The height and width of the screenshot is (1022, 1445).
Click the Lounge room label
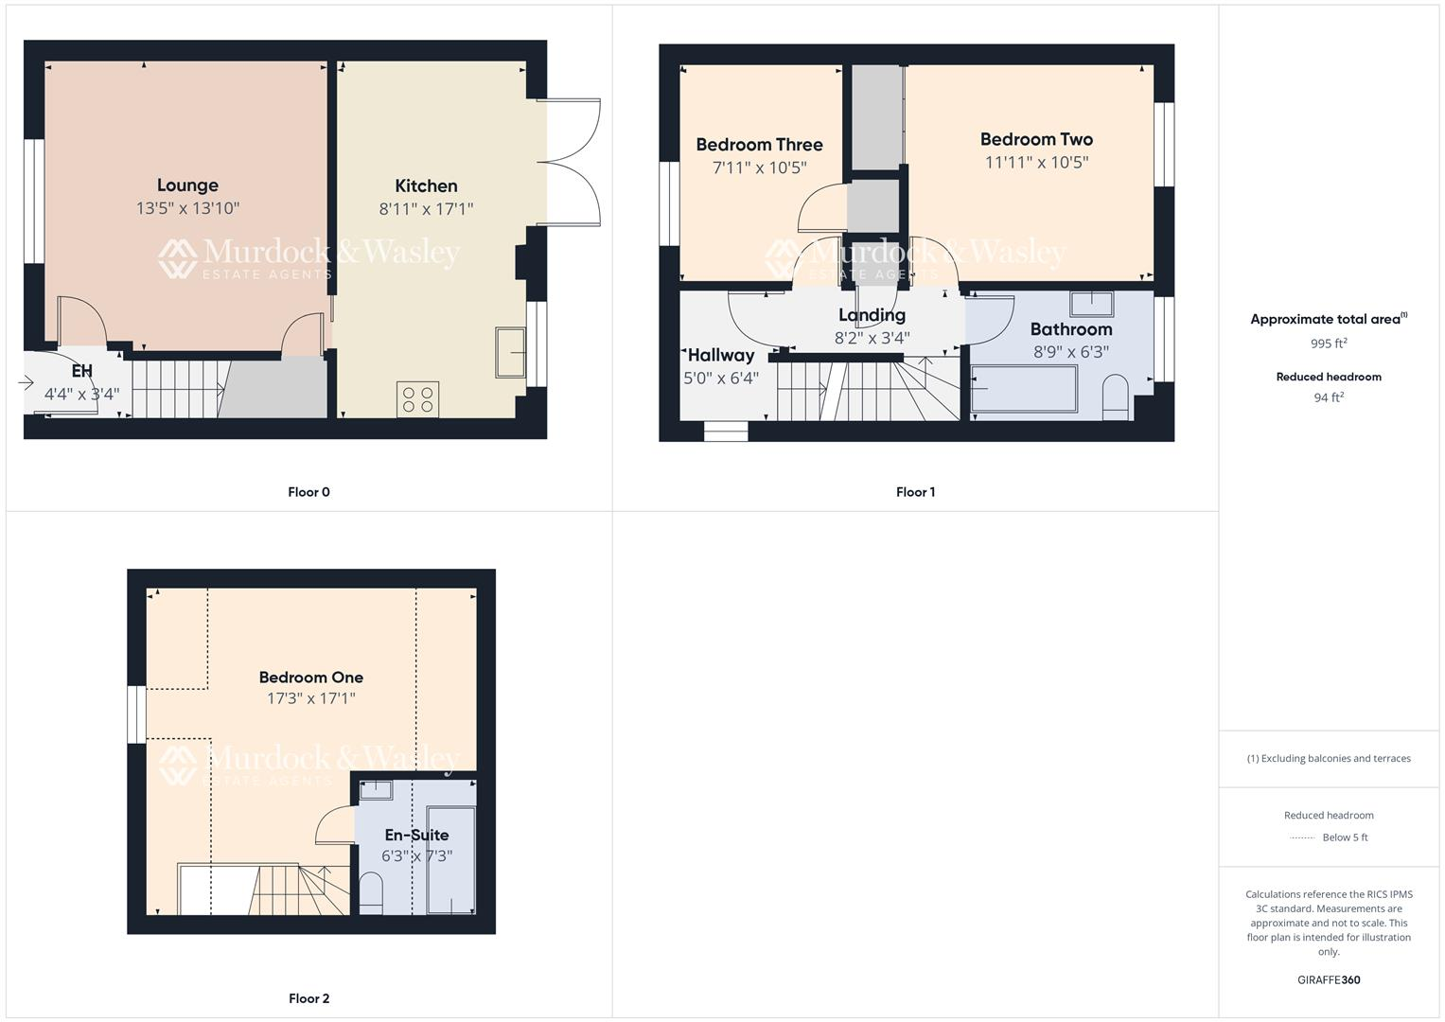pyautogui.click(x=187, y=185)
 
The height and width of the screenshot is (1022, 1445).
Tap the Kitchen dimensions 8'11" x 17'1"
pyautogui.click(x=426, y=209)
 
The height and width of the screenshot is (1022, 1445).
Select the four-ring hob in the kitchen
pyautogui.click(x=418, y=398)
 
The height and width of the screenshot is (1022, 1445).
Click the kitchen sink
pyautogui.click(x=510, y=353)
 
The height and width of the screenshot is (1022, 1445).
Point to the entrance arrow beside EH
pyautogui.click(x=26, y=383)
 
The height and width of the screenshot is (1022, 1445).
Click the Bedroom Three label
pyautogui.click(x=759, y=145)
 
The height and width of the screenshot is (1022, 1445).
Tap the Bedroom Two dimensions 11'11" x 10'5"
pyautogui.click(x=1036, y=162)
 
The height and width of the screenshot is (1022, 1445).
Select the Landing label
pyautogui.click(x=872, y=315)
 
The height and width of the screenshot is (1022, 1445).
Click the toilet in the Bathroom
pyautogui.click(x=1117, y=396)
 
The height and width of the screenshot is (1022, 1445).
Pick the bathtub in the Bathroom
pyautogui.click(x=1024, y=389)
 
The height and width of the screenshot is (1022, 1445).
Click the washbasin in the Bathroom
pyautogui.click(x=1092, y=304)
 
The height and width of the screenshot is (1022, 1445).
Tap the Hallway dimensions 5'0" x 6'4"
pyautogui.click(x=721, y=379)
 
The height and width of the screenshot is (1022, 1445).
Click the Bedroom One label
pyautogui.click(x=311, y=678)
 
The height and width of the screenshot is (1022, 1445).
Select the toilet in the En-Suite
pyautogui.click(x=371, y=893)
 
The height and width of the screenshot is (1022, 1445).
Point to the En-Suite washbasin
pyautogui.click(x=376, y=789)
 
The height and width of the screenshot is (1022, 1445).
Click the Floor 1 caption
pyautogui.click(x=915, y=492)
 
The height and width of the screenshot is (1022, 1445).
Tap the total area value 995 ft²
pyautogui.click(x=1329, y=344)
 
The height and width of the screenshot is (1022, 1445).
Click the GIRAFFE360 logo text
pyautogui.click(x=1329, y=979)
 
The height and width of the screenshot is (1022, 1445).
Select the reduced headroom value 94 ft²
pyautogui.click(x=1329, y=397)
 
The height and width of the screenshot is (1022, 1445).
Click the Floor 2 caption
pyautogui.click(x=308, y=998)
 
